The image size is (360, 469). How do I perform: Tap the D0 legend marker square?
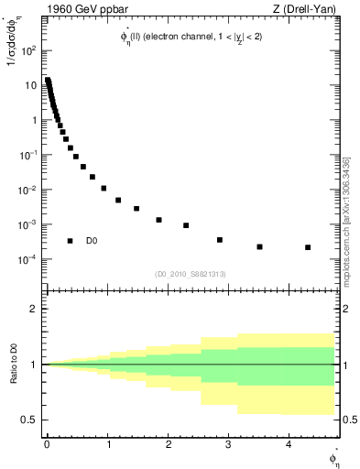pyautogui.click(x=71, y=241)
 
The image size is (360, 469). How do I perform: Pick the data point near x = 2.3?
pyautogui.click(x=186, y=225)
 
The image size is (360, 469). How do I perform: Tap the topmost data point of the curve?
pyautogui.click(x=48, y=80)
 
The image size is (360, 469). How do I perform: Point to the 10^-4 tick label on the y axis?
pyautogui.click(x=27, y=259)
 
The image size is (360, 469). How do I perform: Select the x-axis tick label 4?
pyautogui.click(x=289, y=443)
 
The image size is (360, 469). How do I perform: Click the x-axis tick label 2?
pyautogui.click(x=169, y=443)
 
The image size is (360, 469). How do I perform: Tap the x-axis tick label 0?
pyautogui.click(x=47, y=443)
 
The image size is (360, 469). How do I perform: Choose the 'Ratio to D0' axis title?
pyautogui.click(x=13, y=365)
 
